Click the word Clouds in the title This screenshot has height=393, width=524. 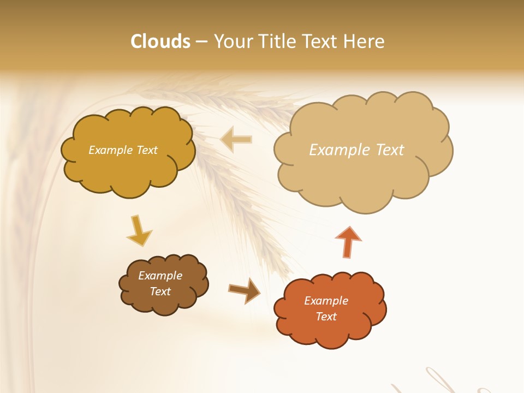coord(160,41)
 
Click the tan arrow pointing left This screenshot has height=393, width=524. coord(236,139)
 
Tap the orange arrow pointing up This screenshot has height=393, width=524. coord(348,241)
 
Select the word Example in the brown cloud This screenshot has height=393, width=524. coord(160,276)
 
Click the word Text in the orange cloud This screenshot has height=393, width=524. coord(326,317)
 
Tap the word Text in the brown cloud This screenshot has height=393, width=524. coord(160,291)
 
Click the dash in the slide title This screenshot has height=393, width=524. coord(201,42)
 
